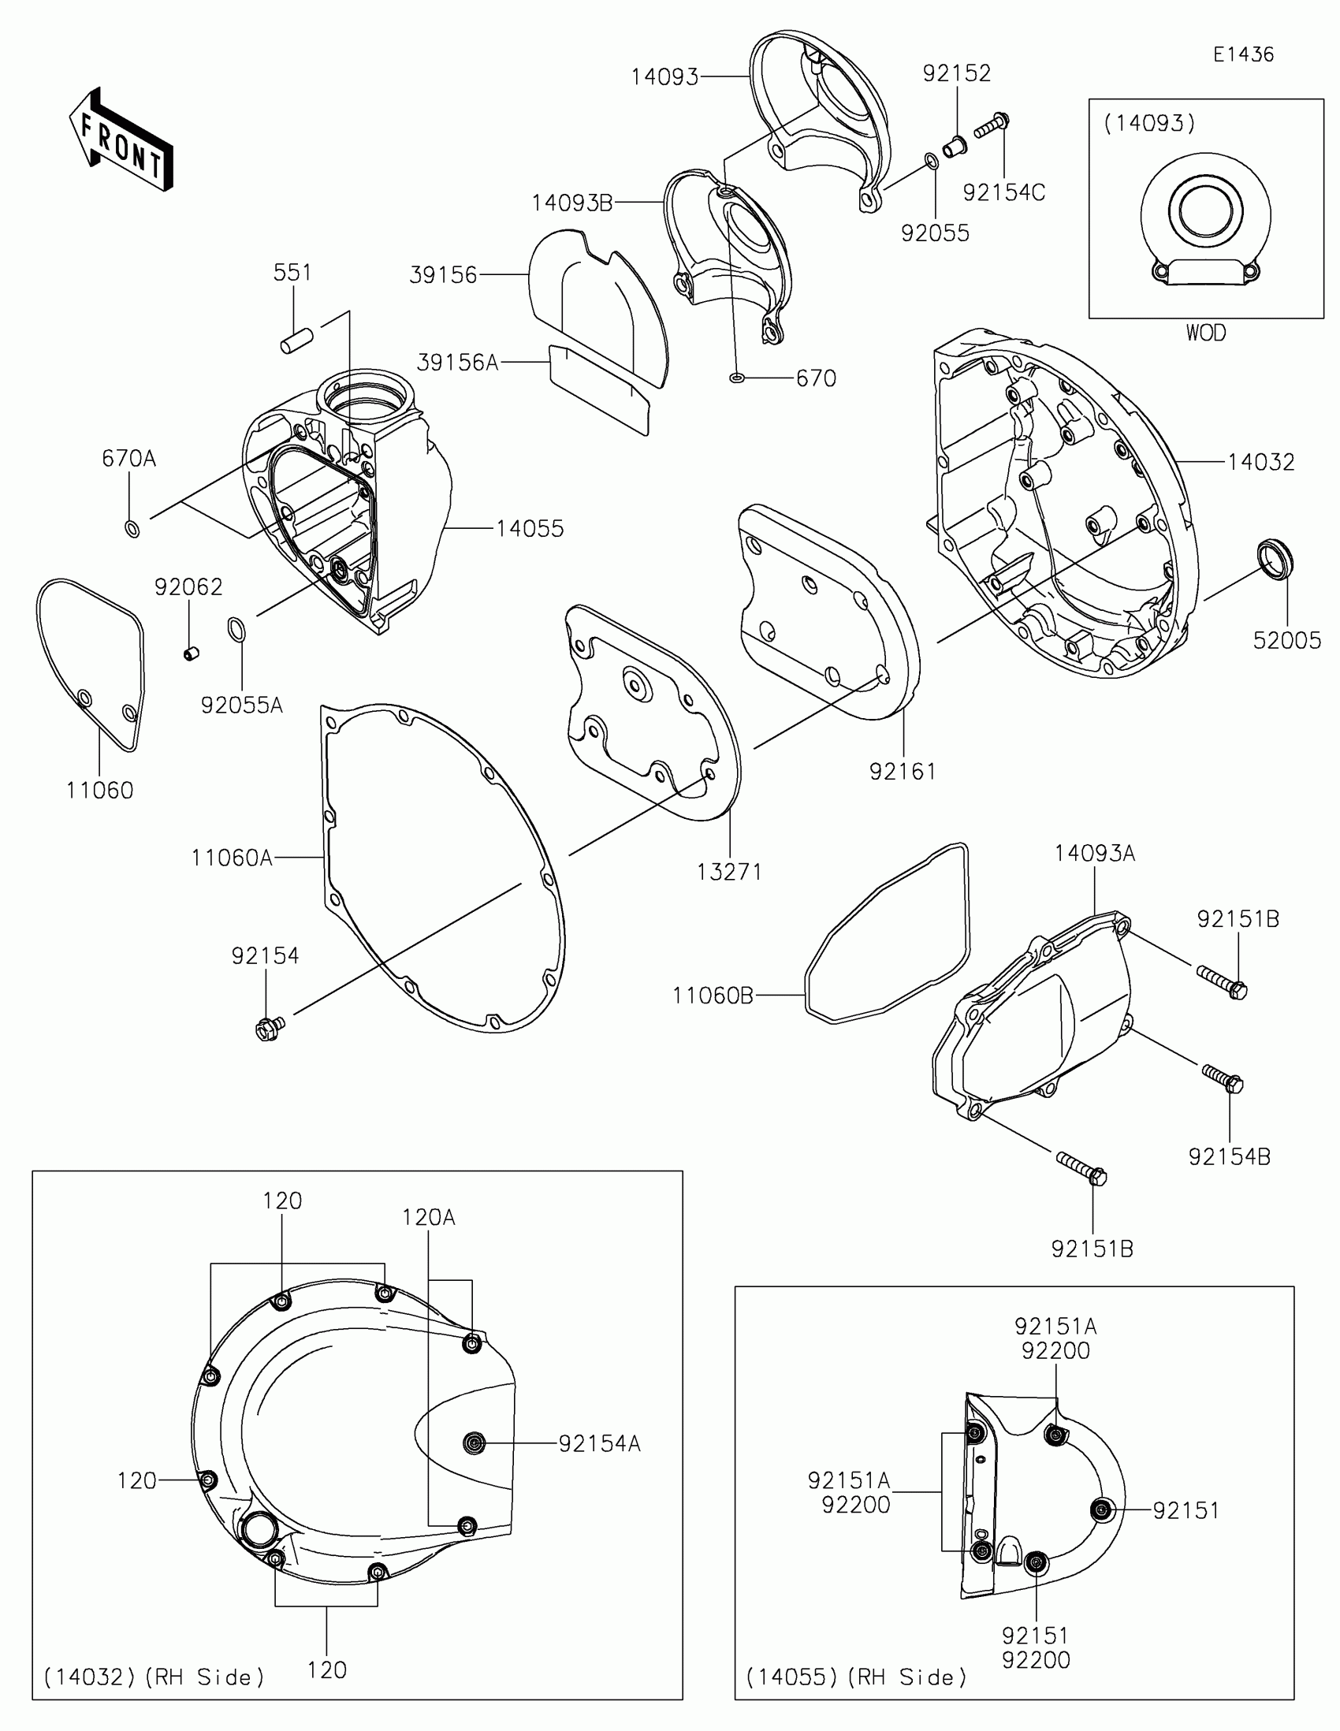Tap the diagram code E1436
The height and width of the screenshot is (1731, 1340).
1242,54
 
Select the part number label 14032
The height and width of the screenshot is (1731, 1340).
1260,462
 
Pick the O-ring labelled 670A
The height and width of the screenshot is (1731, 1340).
133,528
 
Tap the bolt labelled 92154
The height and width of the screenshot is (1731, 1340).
267,1029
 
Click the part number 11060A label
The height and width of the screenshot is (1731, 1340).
232,858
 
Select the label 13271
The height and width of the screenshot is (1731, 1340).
729,872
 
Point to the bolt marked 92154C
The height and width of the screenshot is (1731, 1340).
991,126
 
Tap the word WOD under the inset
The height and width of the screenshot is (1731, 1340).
1205,333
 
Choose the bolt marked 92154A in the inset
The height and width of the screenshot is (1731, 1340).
475,1443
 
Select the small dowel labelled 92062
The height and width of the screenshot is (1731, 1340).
190,653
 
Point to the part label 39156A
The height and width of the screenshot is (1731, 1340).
457,363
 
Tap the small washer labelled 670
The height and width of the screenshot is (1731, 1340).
736,378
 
